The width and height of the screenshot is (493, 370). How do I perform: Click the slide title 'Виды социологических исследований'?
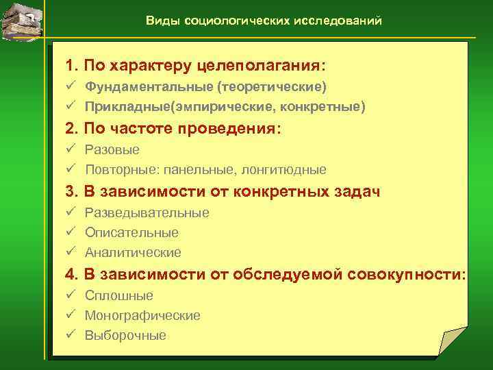pos(264,21)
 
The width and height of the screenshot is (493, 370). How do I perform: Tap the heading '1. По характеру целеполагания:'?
pos(195,66)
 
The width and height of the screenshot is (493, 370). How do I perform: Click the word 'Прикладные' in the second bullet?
pos(127,107)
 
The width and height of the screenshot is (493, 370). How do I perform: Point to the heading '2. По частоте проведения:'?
pos(173,128)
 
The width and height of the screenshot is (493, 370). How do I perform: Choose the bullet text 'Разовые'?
pos(112,149)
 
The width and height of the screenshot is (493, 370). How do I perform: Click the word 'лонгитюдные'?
pos(290,169)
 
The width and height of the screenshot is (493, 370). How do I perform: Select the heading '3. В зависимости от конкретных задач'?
pos(223,191)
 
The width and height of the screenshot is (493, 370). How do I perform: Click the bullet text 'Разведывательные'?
pos(147,213)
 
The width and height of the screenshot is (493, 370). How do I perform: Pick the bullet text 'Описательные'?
pos(131,233)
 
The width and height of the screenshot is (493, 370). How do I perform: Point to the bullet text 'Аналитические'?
pos(133,253)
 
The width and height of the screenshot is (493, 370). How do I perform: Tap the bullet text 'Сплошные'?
pos(119,296)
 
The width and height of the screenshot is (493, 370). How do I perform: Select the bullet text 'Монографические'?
pos(142,316)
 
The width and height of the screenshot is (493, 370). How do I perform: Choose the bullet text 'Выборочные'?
pos(125,336)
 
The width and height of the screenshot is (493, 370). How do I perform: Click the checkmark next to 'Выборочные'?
pos(70,336)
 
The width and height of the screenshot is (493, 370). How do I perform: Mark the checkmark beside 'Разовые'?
pos(70,149)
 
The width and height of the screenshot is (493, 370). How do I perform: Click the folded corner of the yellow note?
pos(452,341)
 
